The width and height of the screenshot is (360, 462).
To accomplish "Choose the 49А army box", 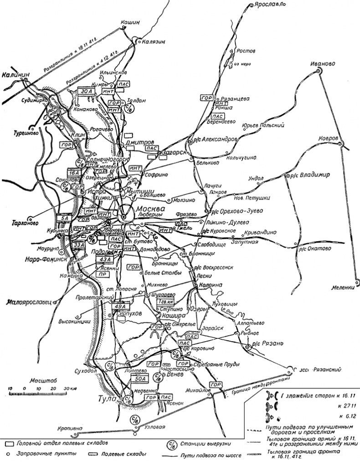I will [x=120, y=306].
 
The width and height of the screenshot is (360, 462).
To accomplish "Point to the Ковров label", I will [x=328, y=138].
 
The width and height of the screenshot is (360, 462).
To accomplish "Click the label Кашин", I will [x=129, y=21].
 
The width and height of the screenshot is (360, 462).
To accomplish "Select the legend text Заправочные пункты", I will [x=40, y=454].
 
